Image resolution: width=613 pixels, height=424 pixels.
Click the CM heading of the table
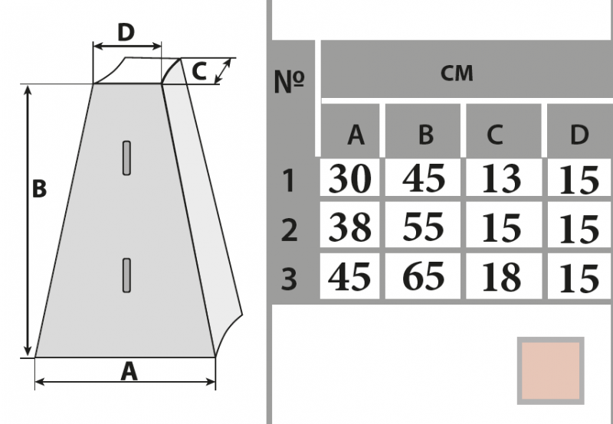click(457, 73)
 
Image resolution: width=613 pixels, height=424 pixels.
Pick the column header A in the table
click(355, 135)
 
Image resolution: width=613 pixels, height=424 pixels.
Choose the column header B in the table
click(426, 135)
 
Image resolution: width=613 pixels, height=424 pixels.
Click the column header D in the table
click(579, 135)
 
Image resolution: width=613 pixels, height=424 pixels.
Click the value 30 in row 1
click(350, 179)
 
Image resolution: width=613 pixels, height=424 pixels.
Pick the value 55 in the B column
click(424, 227)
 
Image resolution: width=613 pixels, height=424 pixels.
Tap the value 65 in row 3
click(424, 276)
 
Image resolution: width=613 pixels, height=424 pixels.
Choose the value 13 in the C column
click(503, 179)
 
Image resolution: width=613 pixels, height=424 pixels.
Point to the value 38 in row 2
click(350, 227)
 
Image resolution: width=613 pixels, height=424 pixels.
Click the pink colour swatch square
click(550, 370)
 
